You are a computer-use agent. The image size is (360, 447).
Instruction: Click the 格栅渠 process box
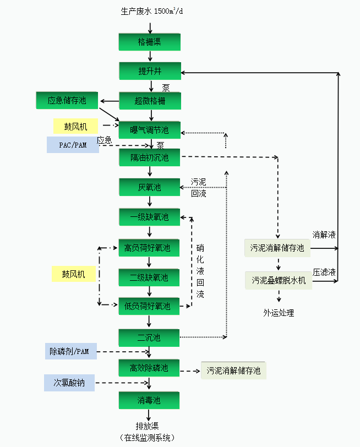click(x=149, y=42)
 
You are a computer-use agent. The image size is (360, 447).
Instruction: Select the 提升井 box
click(x=149, y=71)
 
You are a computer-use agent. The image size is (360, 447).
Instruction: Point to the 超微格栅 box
click(x=149, y=101)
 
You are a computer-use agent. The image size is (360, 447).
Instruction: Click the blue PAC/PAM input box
click(x=73, y=145)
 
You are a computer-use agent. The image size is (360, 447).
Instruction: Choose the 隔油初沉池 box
click(x=149, y=158)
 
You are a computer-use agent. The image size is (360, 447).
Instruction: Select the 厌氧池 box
click(x=149, y=187)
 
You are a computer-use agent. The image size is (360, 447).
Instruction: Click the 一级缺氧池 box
click(x=149, y=217)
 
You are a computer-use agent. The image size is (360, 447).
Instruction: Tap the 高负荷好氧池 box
click(x=149, y=248)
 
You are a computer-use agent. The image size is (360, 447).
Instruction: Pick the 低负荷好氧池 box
click(x=149, y=306)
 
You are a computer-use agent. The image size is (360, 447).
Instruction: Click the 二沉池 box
click(x=149, y=337)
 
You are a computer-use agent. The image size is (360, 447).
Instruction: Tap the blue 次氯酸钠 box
click(x=69, y=383)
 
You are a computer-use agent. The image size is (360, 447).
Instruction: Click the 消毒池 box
click(x=149, y=400)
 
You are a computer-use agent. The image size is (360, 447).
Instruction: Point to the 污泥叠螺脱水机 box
click(x=279, y=280)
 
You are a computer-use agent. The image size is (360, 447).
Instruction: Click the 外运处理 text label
click(x=279, y=313)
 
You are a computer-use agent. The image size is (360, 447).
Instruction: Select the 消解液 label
click(x=324, y=235)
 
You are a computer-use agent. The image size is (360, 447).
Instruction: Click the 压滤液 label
click(x=324, y=272)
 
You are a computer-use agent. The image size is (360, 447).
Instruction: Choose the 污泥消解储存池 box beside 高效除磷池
click(x=233, y=370)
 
